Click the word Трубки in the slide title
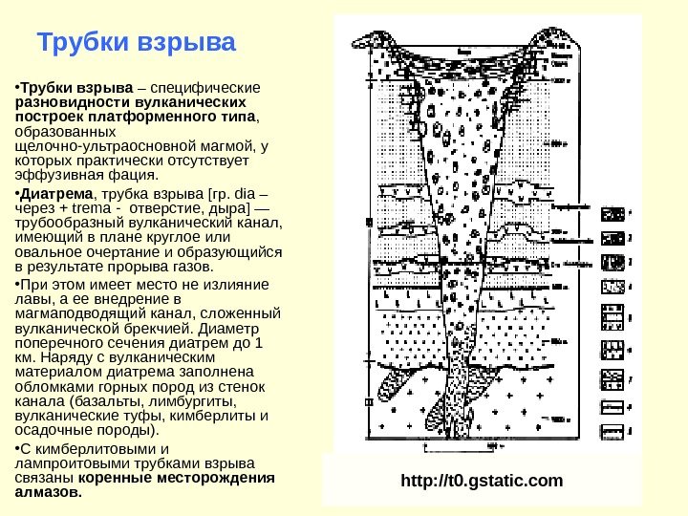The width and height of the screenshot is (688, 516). point(81,44)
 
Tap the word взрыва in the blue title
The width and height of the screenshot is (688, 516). point(187,44)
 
